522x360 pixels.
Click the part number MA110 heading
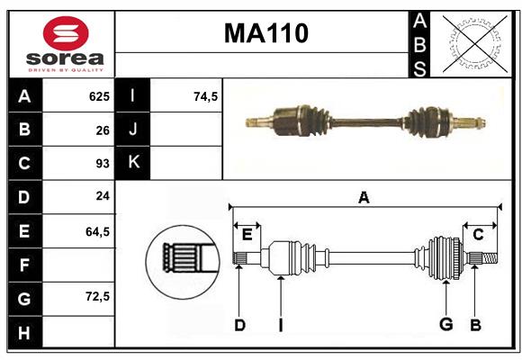pos(265,33)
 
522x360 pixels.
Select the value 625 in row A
pos(98,96)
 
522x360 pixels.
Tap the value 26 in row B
pos(102,130)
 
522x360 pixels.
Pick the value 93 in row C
pos(102,164)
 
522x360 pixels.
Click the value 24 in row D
pos(102,197)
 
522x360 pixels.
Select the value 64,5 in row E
pos(97,231)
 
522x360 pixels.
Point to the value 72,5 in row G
pos(97,296)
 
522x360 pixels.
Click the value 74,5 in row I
pos(206,96)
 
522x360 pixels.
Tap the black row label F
pos(24,265)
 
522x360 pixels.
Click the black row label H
pos(24,332)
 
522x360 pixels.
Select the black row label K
pos(133,164)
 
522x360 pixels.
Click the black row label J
pos(133,130)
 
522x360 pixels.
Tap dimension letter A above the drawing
pos(364,198)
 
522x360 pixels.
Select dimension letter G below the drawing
pos(445,325)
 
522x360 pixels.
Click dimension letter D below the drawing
pos(239,325)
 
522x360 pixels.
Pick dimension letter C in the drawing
pos(478,235)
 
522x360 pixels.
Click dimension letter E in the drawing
pos(247,235)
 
